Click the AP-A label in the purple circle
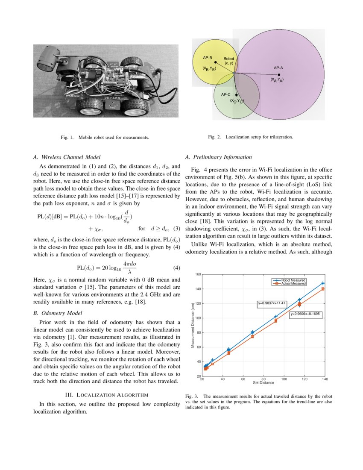(278, 68)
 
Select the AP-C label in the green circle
(226, 94)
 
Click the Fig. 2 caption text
(250, 137)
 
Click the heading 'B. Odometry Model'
(58, 313)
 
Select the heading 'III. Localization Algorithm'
(106, 394)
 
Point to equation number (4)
(177, 268)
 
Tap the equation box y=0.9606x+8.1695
(306, 314)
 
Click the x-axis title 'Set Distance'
(263, 382)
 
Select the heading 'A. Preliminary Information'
(219, 157)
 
